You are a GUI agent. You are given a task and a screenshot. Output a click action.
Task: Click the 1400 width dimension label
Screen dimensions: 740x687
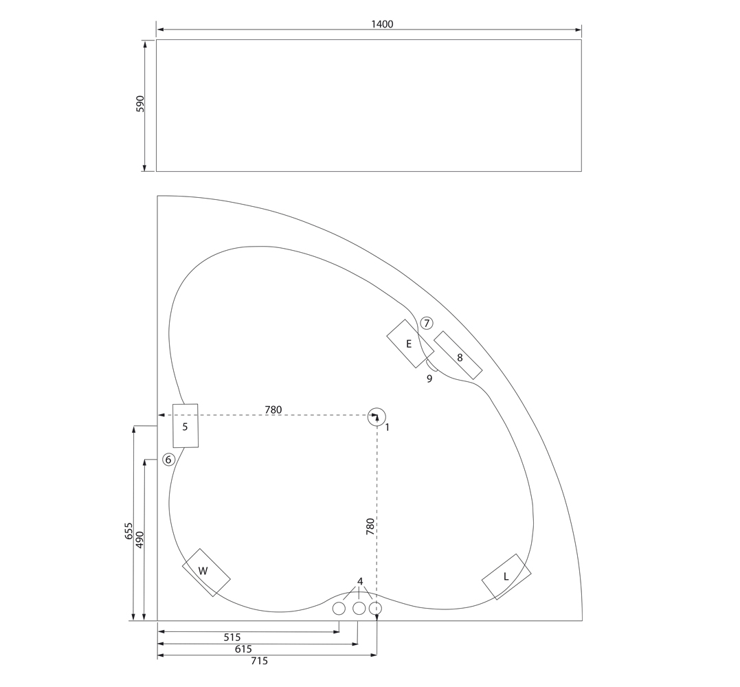382,24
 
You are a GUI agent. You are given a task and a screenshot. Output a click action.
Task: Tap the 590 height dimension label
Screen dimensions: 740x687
140,104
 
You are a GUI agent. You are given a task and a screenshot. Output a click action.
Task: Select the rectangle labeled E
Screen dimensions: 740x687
410,343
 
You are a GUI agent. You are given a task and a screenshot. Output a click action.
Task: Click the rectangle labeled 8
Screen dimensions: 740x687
458,355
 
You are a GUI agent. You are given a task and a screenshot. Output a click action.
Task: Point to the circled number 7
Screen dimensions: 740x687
427,323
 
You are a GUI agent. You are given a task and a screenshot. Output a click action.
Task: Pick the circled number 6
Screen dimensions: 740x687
168,459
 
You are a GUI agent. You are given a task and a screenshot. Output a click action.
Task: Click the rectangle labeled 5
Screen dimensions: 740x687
185,426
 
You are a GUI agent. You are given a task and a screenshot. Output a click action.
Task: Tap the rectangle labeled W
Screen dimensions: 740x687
206,572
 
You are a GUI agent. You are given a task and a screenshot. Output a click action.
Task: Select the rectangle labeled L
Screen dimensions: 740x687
506,576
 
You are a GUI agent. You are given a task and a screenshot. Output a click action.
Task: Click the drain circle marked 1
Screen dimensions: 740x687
377,416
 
